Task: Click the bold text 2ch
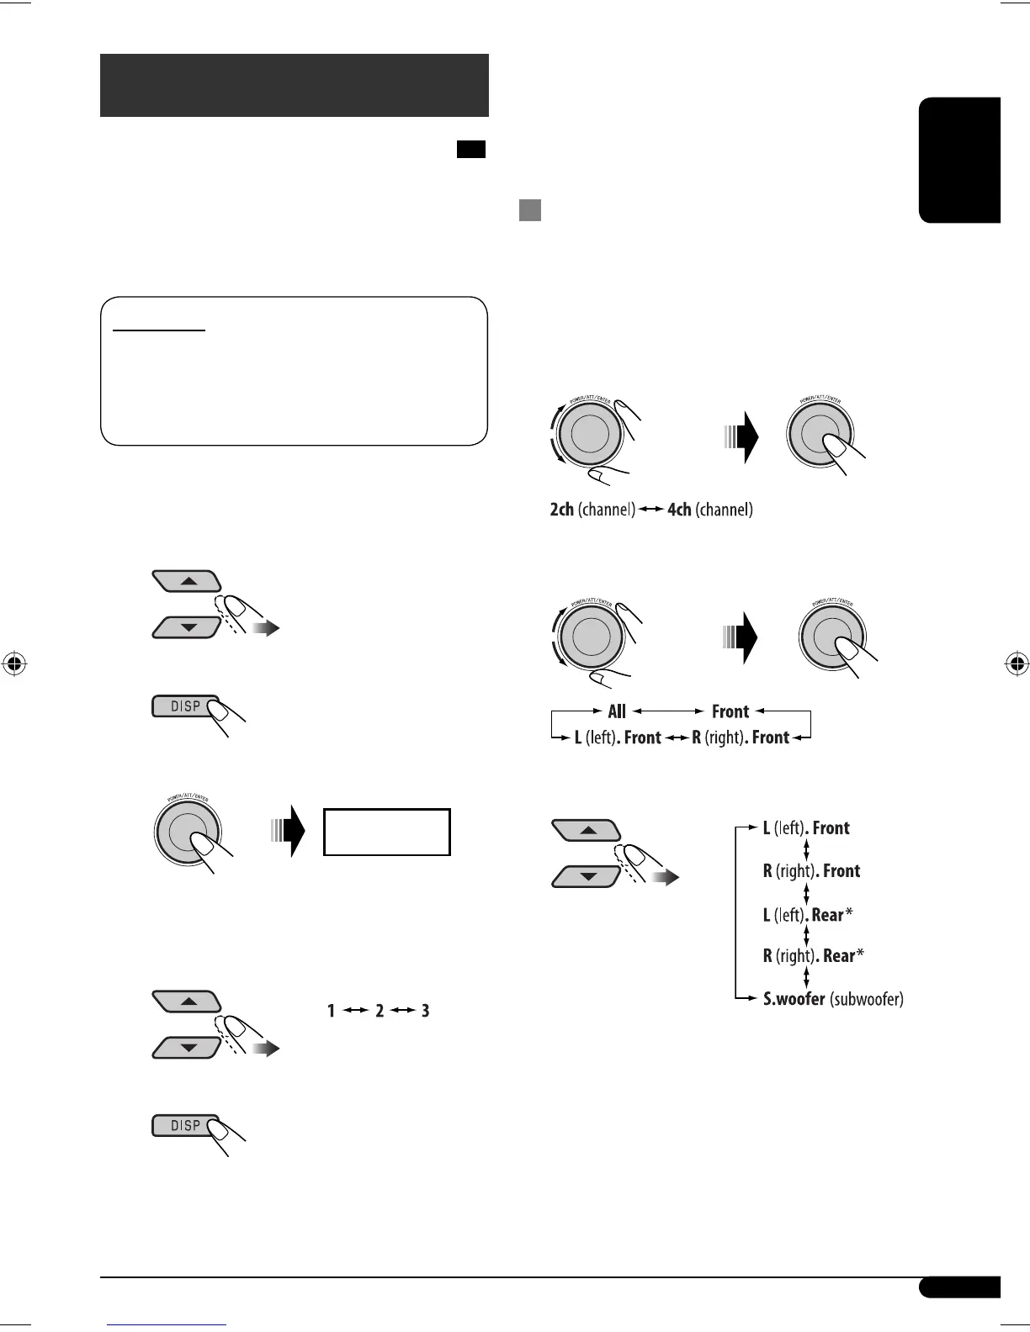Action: (x=561, y=510)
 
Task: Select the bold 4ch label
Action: (x=679, y=510)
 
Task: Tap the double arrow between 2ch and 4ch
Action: (x=651, y=510)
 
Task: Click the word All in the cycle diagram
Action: (x=617, y=711)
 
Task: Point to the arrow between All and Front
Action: (x=668, y=711)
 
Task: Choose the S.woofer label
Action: (x=794, y=999)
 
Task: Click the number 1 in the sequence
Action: (x=332, y=1011)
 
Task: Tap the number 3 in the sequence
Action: (x=426, y=1011)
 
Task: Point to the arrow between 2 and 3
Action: (x=402, y=1011)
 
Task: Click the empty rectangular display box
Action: (x=387, y=832)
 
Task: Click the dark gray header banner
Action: (x=294, y=85)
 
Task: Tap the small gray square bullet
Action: (x=529, y=209)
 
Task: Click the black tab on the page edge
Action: (x=959, y=160)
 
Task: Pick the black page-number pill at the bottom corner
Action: (x=959, y=1287)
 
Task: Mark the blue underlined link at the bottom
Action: (x=167, y=1325)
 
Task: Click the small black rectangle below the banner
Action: (x=471, y=150)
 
